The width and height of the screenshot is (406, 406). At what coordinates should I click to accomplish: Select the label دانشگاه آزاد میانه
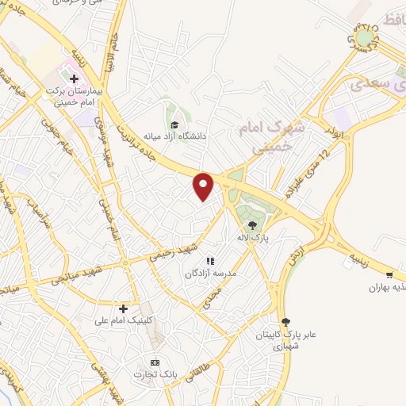point(175,136)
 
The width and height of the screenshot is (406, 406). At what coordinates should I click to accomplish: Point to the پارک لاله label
point(252,237)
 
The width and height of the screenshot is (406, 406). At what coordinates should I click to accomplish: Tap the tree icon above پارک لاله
point(252,224)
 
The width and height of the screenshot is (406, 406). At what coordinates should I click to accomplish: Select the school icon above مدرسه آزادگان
point(210,260)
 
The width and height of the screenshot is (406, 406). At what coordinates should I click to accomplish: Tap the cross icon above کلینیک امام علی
point(123,308)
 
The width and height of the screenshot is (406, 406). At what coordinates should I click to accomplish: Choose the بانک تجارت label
point(155,374)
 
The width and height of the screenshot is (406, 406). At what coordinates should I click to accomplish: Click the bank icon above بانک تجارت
point(155,362)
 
